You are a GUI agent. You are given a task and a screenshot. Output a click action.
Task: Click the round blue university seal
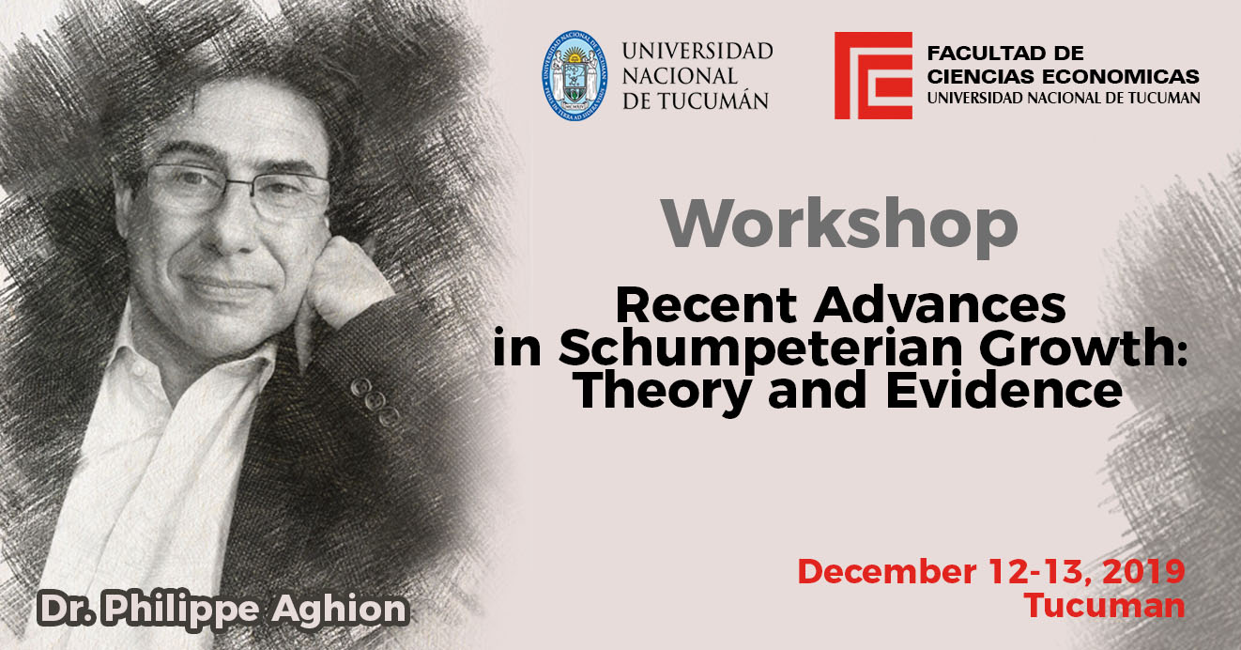575,75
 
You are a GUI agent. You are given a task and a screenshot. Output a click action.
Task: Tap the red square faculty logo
873,75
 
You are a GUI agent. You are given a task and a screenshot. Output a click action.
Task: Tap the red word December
887,572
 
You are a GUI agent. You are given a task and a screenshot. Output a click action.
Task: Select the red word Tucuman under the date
1104,606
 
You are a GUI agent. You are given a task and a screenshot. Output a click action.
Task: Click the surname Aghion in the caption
340,609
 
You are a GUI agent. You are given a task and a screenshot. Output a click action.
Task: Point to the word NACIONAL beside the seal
680,76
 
